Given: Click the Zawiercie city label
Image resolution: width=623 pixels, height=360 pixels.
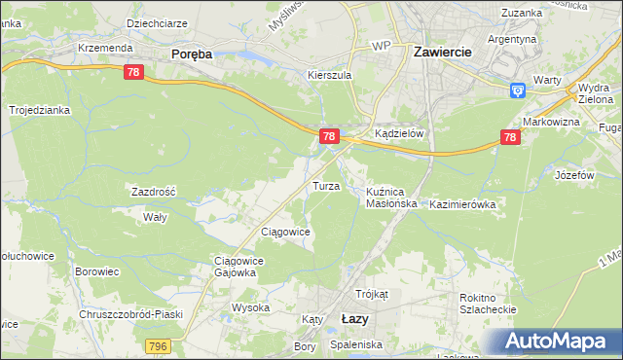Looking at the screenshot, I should (x=443, y=52).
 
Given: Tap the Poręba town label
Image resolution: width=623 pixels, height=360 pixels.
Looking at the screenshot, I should (x=191, y=55).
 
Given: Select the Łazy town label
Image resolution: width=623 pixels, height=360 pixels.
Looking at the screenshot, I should (x=355, y=318).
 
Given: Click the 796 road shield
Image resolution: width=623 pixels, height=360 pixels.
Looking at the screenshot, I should (x=158, y=345).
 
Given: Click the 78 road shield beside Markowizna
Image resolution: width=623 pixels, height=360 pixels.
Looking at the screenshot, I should (x=510, y=139).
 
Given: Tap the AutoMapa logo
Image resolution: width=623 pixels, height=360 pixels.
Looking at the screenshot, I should (x=558, y=342).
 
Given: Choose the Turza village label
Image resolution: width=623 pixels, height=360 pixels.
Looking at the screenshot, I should (x=325, y=185).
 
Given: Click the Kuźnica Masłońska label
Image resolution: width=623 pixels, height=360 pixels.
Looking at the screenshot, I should (x=391, y=198).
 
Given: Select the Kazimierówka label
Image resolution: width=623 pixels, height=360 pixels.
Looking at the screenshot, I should (x=463, y=204).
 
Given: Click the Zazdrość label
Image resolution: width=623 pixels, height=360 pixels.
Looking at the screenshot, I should (x=154, y=192).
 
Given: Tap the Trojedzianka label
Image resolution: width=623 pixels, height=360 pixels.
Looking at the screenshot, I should (x=40, y=111).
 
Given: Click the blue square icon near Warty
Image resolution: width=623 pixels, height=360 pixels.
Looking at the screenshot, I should (x=518, y=90).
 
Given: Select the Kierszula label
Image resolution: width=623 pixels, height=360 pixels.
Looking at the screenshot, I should (x=328, y=75).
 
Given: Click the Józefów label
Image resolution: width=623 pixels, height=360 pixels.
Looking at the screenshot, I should (x=574, y=175).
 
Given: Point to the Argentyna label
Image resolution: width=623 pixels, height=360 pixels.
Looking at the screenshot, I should (x=512, y=39).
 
